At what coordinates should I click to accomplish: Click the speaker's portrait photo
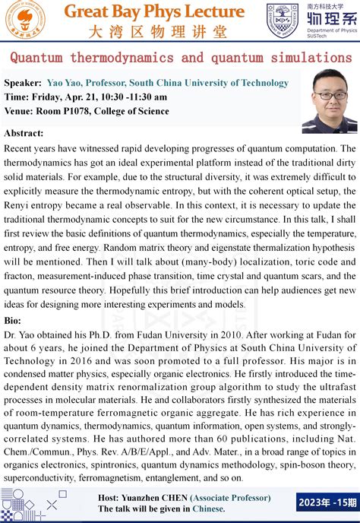coord(330,101)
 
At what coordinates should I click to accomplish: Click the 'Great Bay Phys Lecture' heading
coord(154,12)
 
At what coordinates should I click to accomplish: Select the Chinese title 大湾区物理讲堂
coord(154,32)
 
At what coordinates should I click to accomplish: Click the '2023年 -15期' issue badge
coord(327,502)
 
